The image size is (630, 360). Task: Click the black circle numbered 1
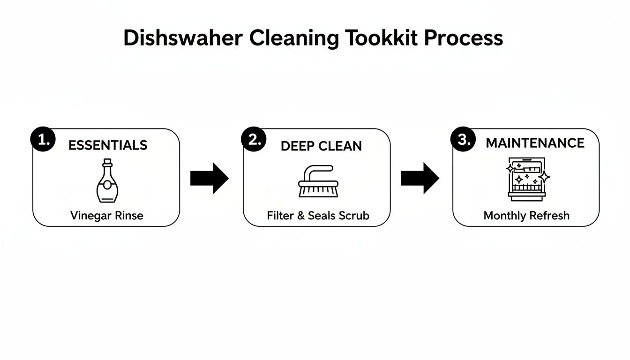point(43,140)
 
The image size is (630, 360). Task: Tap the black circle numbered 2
point(254,140)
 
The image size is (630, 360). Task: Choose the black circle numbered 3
point(463,140)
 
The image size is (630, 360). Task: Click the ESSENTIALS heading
point(108,145)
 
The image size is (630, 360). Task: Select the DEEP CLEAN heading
point(321,146)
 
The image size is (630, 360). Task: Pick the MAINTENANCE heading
point(535,143)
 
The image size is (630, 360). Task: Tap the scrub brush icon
point(318,181)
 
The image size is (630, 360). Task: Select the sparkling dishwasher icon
point(527,180)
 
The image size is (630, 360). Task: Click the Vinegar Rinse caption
point(106,216)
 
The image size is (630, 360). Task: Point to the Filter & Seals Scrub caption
point(318,216)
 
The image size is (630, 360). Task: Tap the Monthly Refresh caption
point(526,216)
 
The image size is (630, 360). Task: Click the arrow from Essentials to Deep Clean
point(209,178)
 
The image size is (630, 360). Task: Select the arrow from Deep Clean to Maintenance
point(420,178)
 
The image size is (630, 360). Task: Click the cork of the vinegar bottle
point(107,162)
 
